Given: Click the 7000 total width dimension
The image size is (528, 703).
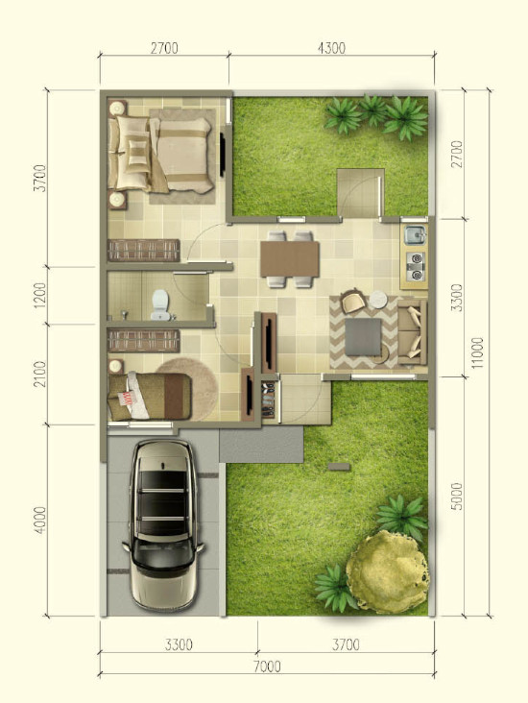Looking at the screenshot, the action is coord(267,667).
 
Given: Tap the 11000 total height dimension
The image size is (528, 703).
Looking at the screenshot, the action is coord(478,352).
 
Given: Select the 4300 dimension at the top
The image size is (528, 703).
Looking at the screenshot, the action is coord(332,48).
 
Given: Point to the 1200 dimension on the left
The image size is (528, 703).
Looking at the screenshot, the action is coord(40,295).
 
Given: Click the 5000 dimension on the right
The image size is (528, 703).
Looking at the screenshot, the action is coord(457,497).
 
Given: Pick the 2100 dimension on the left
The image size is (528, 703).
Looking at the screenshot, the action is coord(40,374).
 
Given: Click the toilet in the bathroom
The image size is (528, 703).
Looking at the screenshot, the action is coord(160,304).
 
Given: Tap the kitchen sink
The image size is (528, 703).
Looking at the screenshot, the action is coord(415,235).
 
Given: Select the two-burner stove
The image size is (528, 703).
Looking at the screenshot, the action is coord(416,266).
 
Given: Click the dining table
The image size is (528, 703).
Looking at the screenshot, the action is coord(290,259).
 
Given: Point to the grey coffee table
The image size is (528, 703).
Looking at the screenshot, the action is coord(364,337).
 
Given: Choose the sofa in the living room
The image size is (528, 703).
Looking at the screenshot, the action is coord(412,332).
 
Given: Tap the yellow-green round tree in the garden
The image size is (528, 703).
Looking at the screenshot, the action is coord(387,571).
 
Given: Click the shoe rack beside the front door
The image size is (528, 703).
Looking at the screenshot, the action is coord(268,400).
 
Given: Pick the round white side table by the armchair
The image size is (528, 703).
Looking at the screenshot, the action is coord(378,300).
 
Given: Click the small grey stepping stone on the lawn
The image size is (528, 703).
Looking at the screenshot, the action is coord(339,467).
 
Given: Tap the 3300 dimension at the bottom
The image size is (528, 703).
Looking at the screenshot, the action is coord(179,644).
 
